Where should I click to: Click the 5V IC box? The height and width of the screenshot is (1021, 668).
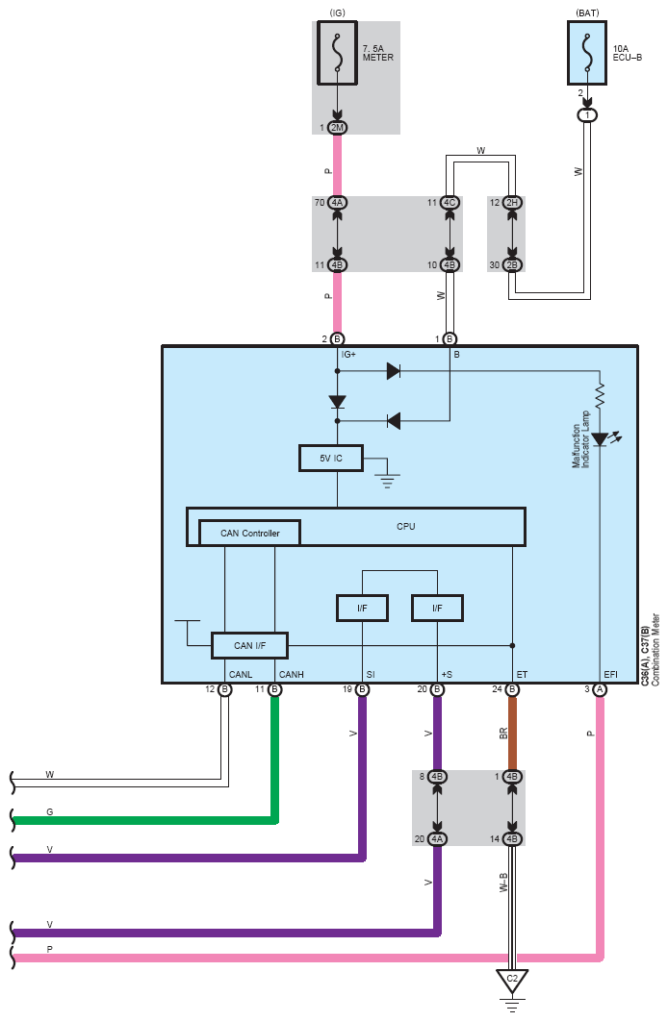[331, 459]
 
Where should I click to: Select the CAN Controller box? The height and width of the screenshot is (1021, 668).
[249, 533]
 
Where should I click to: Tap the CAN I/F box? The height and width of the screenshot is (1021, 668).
[248, 645]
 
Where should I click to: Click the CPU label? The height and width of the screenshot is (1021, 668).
[406, 526]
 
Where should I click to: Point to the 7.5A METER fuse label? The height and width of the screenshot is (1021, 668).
[377, 52]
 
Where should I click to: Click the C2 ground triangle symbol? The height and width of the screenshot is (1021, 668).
[512, 983]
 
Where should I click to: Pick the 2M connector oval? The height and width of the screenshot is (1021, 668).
[337, 128]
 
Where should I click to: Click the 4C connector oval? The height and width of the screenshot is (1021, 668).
[450, 203]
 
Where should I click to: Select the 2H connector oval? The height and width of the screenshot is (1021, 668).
[512, 203]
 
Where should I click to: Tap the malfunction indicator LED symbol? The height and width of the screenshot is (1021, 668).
[600, 439]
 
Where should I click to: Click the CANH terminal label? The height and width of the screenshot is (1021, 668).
[291, 674]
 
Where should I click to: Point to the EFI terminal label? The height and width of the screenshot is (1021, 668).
[610, 674]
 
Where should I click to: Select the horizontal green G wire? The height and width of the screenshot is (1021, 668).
[144, 820]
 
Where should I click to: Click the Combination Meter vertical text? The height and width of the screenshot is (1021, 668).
[656, 649]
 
